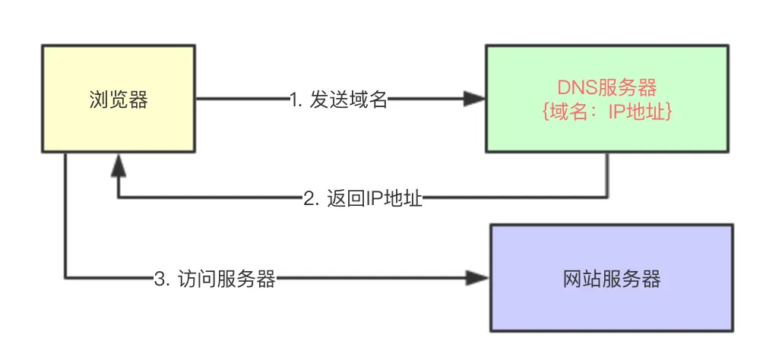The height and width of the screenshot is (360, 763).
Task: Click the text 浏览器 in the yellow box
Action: pos(117,99)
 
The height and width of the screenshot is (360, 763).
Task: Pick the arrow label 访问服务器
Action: pos(225,279)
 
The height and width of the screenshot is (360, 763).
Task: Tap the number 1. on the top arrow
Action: pos(296,99)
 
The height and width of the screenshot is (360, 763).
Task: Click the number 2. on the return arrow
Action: pos(310,199)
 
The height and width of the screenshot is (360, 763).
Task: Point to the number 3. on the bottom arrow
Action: pos(160,279)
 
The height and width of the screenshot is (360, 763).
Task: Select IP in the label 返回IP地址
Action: pos(374,199)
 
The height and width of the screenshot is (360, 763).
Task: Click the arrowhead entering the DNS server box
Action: pos(476,99)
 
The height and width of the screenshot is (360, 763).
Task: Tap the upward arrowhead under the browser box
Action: pos(117,163)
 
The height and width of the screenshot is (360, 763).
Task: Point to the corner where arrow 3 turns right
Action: pos(66,279)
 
